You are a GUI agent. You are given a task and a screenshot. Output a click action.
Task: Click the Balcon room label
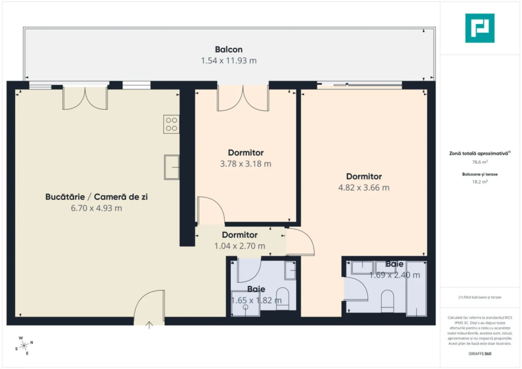pyautogui.click(x=229, y=49)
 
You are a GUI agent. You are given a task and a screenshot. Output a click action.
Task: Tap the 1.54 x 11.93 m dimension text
pyautogui.click(x=229, y=61)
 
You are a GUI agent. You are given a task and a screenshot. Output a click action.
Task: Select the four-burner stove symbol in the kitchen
pyautogui.click(x=171, y=124)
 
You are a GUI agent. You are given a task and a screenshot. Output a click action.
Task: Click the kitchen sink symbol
pyautogui.click(x=171, y=167)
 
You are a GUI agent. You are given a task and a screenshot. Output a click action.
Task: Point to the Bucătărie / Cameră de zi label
pyautogui.click(x=96, y=197)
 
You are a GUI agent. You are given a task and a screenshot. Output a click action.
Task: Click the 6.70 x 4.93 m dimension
pyautogui.click(x=96, y=208)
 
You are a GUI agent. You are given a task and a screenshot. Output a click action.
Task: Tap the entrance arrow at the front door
pyautogui.click(x=149, y=325)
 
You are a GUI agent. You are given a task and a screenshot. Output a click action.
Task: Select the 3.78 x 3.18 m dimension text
pyautogui.click(x=245, y=164)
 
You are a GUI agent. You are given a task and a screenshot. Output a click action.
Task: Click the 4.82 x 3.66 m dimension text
pyautogui.click(x=364, y=187)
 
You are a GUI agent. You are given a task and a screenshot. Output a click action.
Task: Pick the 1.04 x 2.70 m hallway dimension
pyautogui.click(x=240, y=246)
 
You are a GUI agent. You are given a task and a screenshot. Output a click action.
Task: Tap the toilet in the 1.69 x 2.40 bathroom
pyautogui.click(x=387, y=299)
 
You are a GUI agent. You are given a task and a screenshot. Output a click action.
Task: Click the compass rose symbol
pyautogui.click(x=24, y=346)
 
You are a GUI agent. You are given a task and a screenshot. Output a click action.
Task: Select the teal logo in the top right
pyautogui.click(x=480, y=28)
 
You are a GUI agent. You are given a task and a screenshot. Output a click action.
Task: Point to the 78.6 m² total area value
pyautogui.click(x=480, y=162)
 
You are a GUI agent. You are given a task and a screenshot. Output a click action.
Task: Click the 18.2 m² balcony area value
pyautogui.click(x=480, y=182)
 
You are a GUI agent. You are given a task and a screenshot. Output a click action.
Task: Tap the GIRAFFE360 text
pyautogui.click(x=480, y=354)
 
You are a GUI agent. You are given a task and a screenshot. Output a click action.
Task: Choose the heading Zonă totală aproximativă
pyautogui.click(x=479, y=153)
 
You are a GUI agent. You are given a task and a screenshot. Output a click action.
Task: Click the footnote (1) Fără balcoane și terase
pyautogui.click(x=480, y=297)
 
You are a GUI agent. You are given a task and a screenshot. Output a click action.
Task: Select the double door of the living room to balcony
pyautogui.click(x=85, y=99)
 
